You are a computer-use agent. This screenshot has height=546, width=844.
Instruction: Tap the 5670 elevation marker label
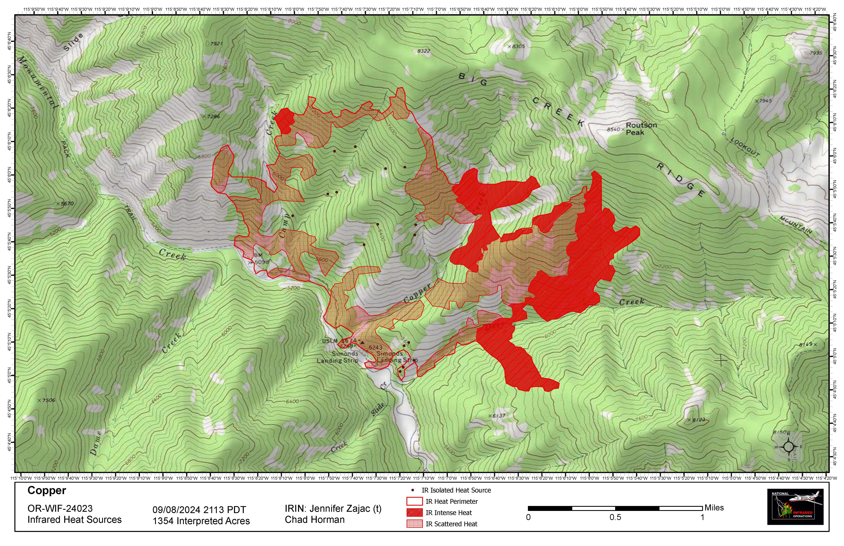point(66,204)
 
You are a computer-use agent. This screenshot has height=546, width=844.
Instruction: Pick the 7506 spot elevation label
point(47,400)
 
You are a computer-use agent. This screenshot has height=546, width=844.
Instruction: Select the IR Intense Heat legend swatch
point(414,513)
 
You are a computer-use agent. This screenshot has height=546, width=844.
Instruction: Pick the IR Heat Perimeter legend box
point(414,501)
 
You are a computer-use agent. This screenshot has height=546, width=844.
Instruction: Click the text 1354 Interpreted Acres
point(201,521)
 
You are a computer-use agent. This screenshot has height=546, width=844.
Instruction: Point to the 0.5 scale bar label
point(615,517)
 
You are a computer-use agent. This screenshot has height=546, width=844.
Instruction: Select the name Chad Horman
point(315,520)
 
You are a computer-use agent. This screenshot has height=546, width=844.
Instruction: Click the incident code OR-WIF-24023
point(60,508)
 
